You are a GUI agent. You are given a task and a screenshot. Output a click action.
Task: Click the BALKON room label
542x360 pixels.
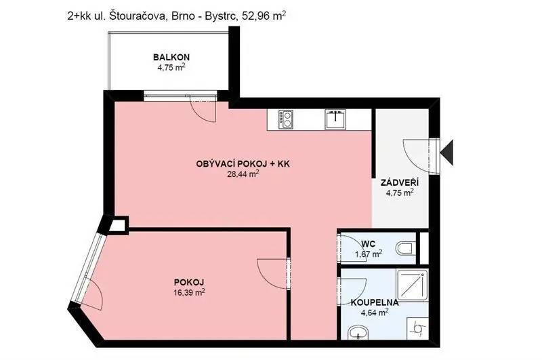171,57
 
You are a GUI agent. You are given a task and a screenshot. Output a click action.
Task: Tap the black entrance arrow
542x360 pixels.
448,153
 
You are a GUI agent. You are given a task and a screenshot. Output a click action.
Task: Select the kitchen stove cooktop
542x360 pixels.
286,119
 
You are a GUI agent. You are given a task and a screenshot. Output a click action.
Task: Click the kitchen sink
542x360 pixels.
335,119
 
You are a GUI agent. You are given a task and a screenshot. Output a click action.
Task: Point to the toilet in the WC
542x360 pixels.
406,248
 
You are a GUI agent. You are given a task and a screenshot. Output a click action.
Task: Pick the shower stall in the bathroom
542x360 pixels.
413,286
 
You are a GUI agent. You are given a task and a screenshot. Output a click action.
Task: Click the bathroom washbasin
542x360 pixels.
358,334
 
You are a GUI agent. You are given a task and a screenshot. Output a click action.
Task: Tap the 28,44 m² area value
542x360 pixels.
243,174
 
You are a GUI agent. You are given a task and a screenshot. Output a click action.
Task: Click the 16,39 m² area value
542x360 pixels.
189,293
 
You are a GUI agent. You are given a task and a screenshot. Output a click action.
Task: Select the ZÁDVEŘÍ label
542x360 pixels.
400,182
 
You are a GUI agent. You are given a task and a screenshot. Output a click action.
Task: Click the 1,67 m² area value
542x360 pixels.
369,254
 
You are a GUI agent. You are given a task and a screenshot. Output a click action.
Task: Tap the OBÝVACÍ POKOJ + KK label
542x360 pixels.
243,164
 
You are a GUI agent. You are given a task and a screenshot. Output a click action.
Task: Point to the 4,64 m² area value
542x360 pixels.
375,313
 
